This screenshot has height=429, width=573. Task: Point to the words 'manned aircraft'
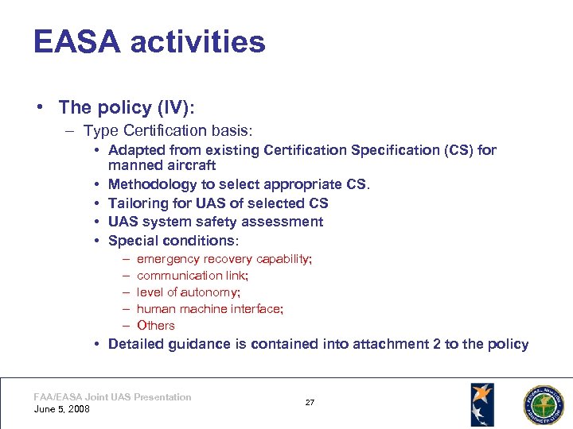[162, 165]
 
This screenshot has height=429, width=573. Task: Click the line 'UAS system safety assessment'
[216, 222]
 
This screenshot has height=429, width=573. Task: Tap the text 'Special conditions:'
[173, 241]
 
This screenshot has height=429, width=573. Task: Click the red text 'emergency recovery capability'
[224, 259]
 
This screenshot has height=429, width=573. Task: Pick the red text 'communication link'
[192, 276]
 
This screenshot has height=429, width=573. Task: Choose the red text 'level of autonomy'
[188, 292]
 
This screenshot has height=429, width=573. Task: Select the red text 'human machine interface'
[209, 309]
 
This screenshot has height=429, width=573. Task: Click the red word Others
[156, 326]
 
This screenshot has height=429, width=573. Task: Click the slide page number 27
[310, 403]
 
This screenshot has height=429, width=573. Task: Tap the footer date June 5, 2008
[62, 409]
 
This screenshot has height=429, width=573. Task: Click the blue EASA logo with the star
[481, 404]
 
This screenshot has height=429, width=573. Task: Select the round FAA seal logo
[542, 404]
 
